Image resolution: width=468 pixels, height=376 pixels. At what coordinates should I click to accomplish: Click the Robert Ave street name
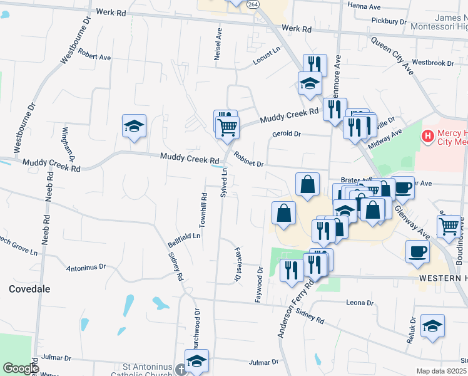pyautogui.click(x=94, y=57)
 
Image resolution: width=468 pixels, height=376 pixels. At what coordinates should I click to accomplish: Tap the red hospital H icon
pyautogui.click(x=428, y=135)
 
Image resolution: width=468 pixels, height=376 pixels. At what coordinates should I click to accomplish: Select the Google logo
pyautogui.click(x=21, y=368)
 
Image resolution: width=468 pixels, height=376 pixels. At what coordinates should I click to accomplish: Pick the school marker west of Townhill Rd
pyautogui.click(x=134, y=126)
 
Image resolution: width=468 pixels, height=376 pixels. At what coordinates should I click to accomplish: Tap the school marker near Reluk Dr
pyautogui.click(x=432, y=325)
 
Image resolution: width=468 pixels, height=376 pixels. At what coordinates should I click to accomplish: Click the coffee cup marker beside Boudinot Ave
pyautogui.click(x=417, y=251)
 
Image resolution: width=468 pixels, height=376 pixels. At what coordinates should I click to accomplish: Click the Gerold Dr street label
pyautogui.click(x=287, y=133)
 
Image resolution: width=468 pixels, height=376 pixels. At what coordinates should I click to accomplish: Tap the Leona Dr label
pyautogui.click(x=360, y=303)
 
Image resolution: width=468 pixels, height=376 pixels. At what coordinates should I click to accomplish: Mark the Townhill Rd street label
pyautogui.click(x=204, y=210)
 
